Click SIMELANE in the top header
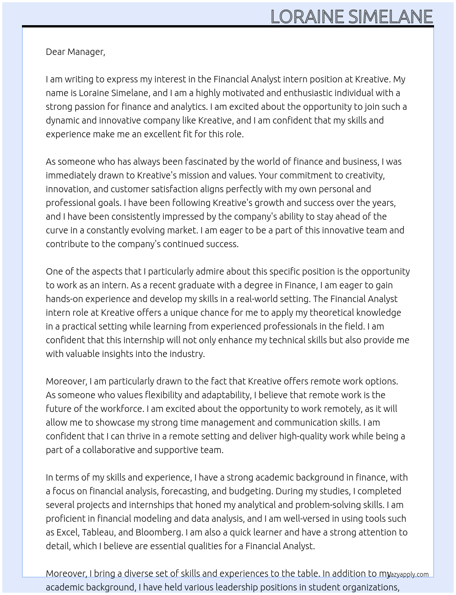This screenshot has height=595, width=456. (391, 17)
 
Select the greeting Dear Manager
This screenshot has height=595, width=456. (75, 52)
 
